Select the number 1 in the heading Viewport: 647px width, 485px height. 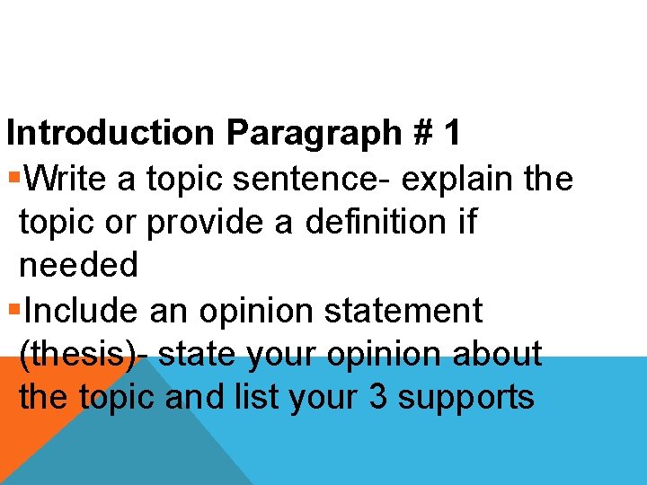[451, 133]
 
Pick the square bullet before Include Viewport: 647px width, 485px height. [13, 311]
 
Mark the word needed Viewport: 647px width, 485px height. [78, 265]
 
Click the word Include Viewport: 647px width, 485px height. [82, 310]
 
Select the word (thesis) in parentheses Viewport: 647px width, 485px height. [77, 354]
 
